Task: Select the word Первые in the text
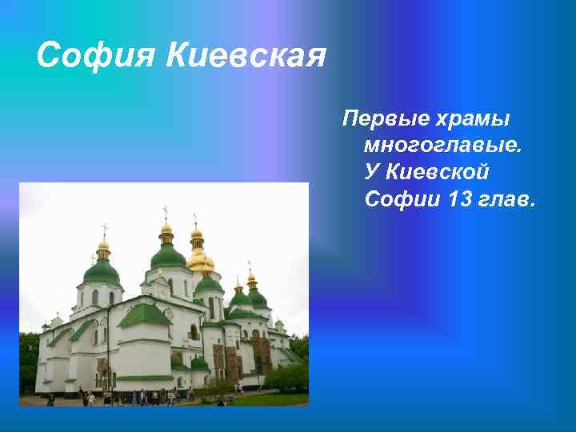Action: (383, 119)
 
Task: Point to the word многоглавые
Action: (442, 146)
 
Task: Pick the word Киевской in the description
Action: (438, 172)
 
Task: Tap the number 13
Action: (462, 198)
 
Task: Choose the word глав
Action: (508, 198)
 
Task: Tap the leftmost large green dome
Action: (102, 271)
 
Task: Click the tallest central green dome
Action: (167, 256)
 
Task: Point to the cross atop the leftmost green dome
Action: (103, 230)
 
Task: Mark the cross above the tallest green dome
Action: (166, 212)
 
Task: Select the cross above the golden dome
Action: (194, 218)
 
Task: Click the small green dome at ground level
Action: (199, 363)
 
